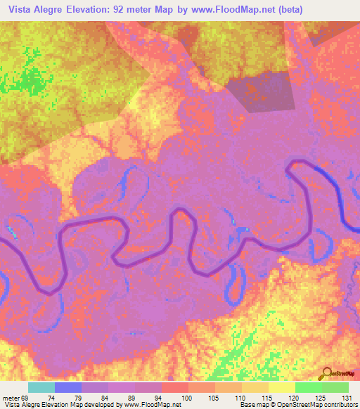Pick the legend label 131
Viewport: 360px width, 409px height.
[349, 398]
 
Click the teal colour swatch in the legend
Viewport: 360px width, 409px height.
[41, 387]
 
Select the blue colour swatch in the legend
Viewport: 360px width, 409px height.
[68, 387]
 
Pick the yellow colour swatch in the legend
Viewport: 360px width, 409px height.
[281, 387]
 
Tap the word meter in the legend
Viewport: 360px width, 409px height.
[9, 398]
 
